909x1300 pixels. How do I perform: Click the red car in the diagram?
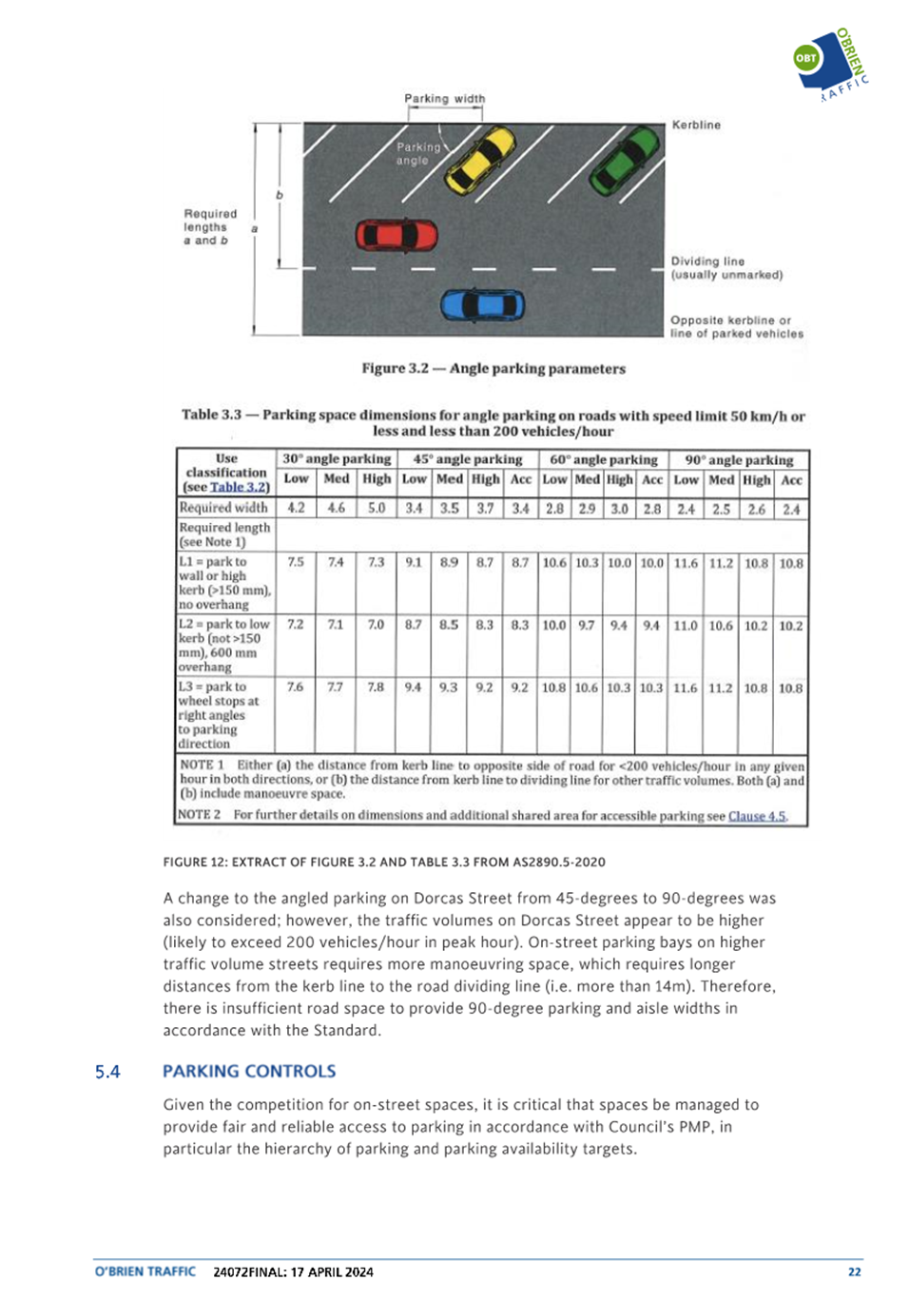396,235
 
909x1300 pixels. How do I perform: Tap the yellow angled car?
480,161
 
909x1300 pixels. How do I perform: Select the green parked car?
625,159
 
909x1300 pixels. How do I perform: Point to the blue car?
482,305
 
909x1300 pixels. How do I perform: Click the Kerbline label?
696,125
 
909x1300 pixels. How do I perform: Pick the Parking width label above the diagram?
444,98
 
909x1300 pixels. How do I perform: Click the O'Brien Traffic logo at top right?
831,63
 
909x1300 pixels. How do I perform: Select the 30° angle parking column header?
337,458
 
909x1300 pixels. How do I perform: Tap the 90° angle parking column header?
739,459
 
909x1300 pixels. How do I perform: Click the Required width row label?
223,508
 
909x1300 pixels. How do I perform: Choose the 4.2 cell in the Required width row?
297,508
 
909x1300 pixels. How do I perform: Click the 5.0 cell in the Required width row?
377,508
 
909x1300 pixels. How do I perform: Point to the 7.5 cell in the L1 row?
297,562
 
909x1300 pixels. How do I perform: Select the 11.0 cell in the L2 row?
686,625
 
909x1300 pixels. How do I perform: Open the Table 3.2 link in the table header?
240,487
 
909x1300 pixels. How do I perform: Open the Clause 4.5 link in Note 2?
757,816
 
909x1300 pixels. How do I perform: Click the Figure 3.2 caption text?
493,368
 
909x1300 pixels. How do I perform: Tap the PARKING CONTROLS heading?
249,1071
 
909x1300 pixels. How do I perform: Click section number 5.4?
107,1072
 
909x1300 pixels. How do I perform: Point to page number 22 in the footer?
854,1271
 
